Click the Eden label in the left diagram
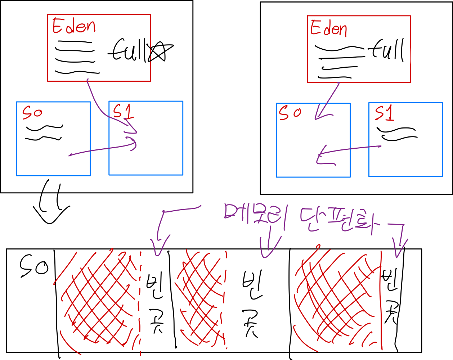coord(74,26)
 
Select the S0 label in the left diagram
coord(32,113)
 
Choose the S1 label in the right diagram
coord(384,114)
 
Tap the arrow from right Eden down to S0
coord(328,101)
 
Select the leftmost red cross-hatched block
coord(97,299)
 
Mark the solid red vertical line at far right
coord(381,299)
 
